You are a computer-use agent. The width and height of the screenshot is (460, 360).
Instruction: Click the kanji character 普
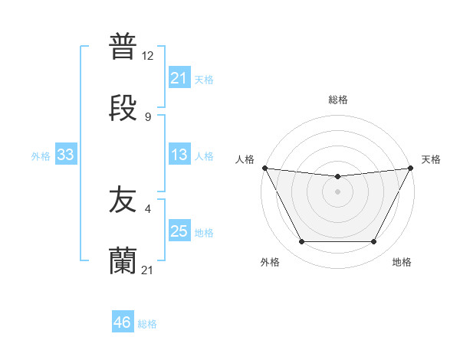click(123, 47)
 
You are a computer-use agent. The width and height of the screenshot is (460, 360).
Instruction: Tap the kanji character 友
click(123, 201)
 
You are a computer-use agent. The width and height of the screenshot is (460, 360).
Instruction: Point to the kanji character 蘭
click(123, 260)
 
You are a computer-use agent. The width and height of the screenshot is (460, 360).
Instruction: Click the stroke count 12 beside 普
click(148, 56)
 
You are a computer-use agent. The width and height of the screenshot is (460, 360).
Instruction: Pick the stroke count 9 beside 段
click(148, 116)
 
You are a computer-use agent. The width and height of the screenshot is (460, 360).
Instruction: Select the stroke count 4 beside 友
click(148, 209)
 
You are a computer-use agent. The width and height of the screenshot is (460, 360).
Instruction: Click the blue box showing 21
click(179, 77)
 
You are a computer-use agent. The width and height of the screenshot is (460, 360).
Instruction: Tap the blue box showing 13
click(179, 155)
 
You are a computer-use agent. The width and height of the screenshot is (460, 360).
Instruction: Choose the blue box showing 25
click(179, 231)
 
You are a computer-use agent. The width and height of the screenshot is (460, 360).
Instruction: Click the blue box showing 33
click(65, 155)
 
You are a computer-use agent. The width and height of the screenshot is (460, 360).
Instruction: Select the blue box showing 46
click(122, 322)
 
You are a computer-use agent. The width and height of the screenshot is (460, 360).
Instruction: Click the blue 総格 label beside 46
click(148, 324)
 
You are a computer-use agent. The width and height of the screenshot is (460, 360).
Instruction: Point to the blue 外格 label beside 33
click(41, 156)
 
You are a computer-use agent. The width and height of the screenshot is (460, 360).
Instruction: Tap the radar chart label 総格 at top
click(337, 100)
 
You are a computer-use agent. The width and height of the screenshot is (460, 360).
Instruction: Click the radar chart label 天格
click(431, 159)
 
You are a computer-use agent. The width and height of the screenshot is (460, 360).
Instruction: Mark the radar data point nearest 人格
click(265, 168)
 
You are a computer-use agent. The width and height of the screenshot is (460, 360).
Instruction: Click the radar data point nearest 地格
click(373, 242)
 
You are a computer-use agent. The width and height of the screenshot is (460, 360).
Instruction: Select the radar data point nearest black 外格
click(301, 242)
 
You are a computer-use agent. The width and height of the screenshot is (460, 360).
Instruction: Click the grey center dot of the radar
click(337, 191)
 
